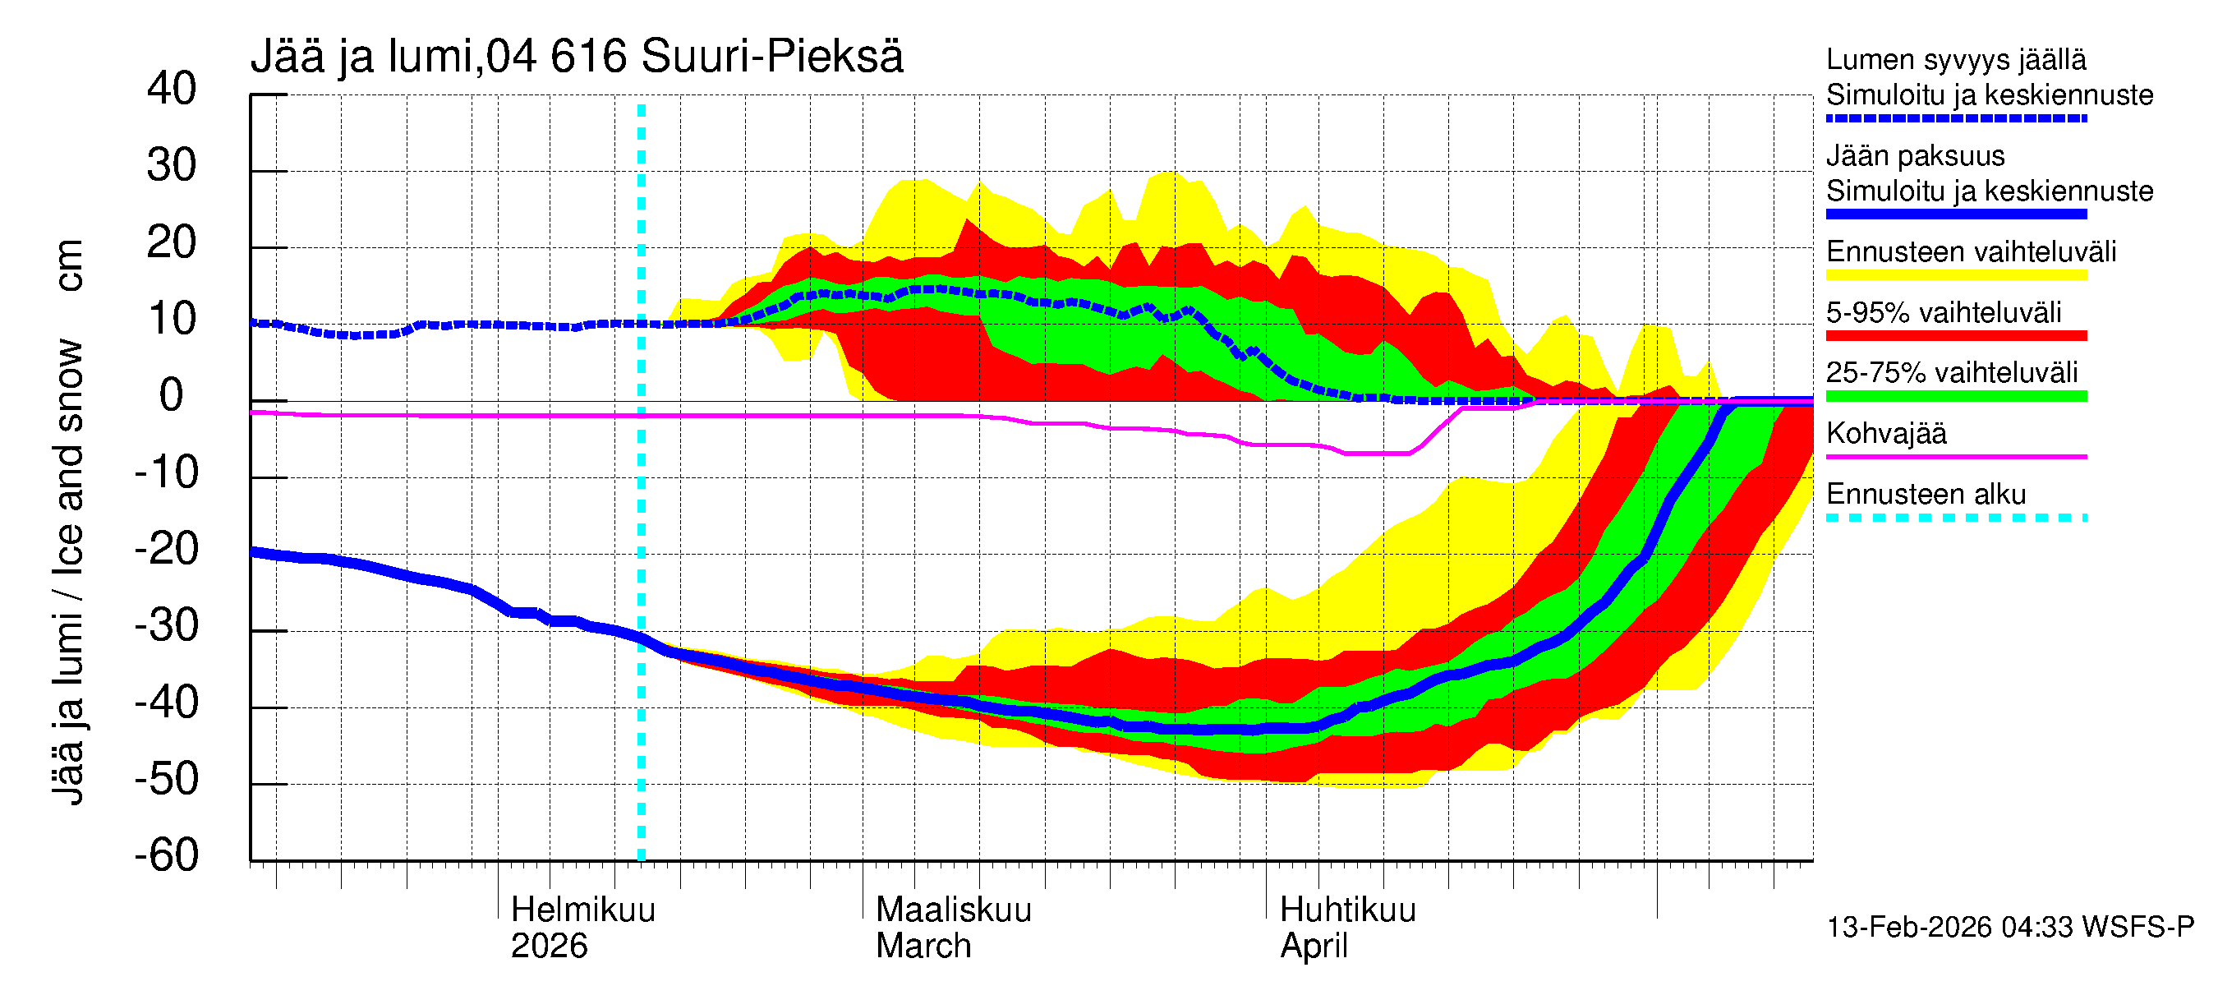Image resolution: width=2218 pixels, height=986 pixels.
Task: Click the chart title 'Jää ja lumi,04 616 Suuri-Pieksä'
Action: tap(576, 57)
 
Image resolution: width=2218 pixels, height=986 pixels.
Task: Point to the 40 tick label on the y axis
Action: tap(172, 89)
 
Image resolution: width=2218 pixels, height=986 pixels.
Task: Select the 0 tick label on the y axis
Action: tap(172, 395)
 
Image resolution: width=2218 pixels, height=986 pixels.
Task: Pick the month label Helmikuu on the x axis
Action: tap(583, 910)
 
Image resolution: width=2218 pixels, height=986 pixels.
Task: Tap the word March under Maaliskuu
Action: tap(923, 947)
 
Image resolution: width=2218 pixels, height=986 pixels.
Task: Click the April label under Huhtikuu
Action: tap(1313, 947)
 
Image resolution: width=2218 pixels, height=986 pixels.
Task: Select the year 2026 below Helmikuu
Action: tap(549, 947)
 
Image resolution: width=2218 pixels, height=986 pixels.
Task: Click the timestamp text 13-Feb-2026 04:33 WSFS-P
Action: tap(2009, 928)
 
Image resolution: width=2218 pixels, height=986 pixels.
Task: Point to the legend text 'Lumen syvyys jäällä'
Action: tap(1955, 59)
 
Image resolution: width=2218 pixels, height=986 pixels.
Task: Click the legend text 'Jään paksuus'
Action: tap(1915, 156)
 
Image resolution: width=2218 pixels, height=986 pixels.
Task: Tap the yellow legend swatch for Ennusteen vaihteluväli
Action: tap(1955, 275)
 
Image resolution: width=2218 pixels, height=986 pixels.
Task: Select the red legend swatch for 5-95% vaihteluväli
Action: tap(1955, 336)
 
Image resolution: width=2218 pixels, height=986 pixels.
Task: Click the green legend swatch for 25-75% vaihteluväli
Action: tap(1955, 396)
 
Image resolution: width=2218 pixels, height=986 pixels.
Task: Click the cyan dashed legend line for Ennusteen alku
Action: tap(1955, 518)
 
